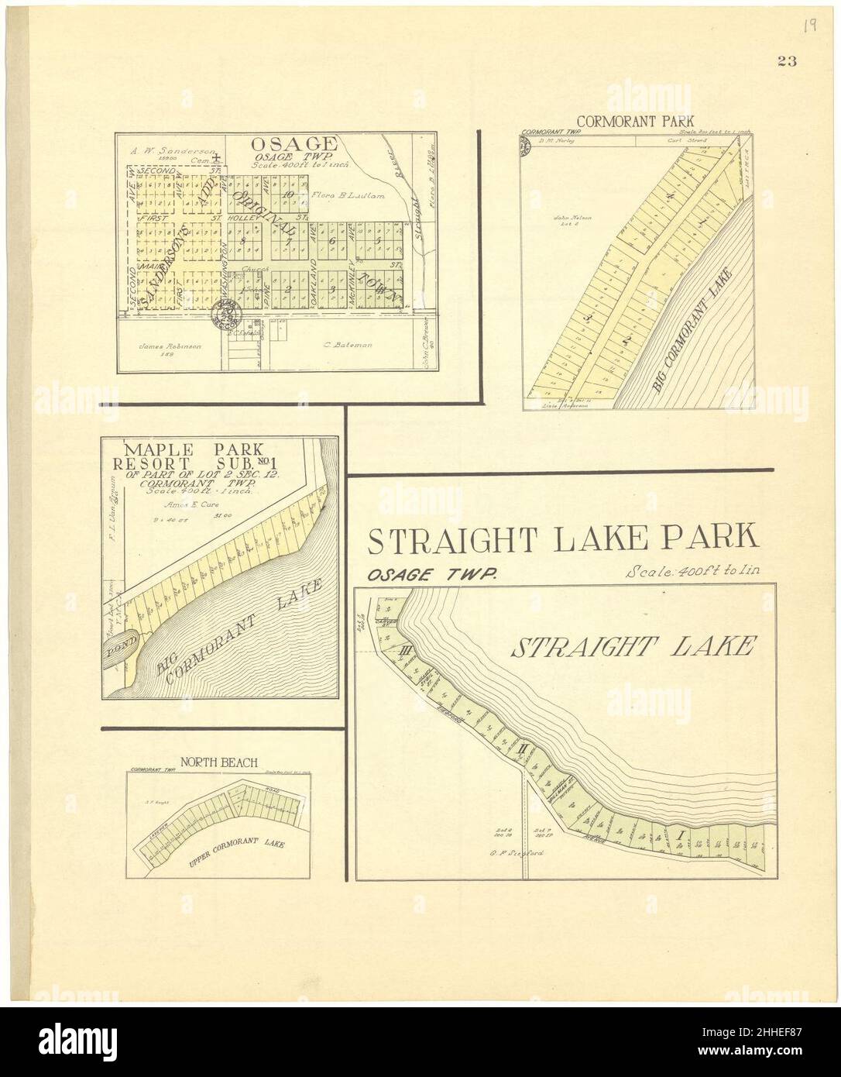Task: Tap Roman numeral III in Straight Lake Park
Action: coord(403,651)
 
